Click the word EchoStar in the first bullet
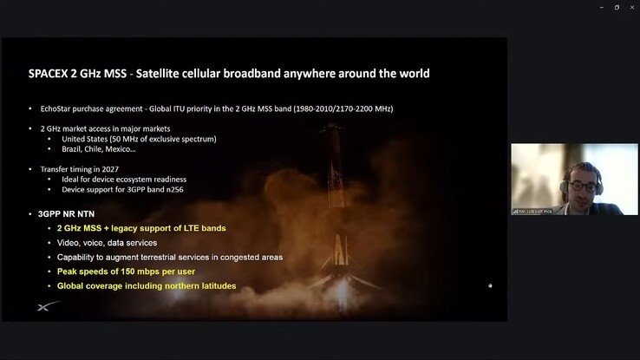[x=58, y=108]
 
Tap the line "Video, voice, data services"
[x=107, y=243]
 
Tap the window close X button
[x=630, y=8]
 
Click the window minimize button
[x=602, y=8]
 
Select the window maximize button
[x=617, y=8]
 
